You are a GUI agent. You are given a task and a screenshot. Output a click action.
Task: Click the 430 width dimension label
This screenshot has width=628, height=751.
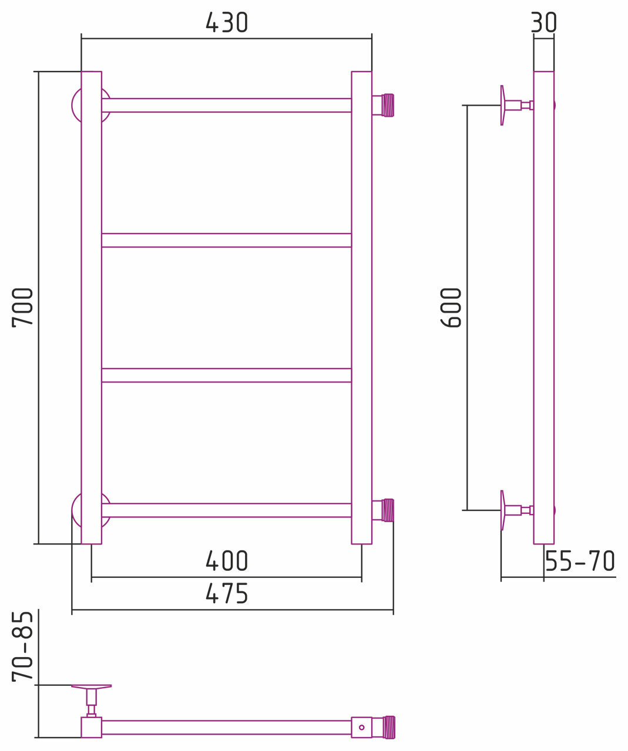coord(227,22)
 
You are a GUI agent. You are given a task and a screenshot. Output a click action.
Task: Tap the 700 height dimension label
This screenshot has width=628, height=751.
coord(22,307)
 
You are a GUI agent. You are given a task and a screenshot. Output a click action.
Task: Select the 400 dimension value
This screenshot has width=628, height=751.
coord(227,561)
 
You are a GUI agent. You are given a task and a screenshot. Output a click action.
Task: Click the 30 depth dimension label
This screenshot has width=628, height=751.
coord(544,22)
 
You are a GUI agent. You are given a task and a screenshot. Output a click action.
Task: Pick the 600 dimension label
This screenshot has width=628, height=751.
coord(451,307)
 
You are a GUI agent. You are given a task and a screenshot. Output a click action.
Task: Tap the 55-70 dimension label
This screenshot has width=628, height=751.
coord(580,561)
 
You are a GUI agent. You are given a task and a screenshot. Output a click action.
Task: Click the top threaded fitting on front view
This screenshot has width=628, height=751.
coord(383,105)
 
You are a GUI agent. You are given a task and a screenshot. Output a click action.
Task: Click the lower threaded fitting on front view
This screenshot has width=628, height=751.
coord(383,510)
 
